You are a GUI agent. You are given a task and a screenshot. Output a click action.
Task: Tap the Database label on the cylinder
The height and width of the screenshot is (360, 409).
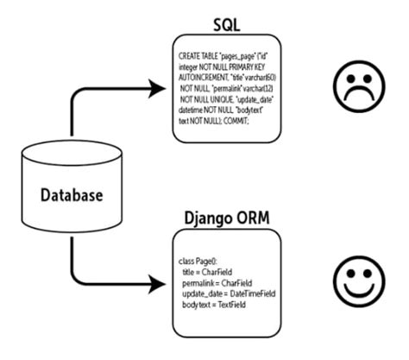[x=72, y=195]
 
